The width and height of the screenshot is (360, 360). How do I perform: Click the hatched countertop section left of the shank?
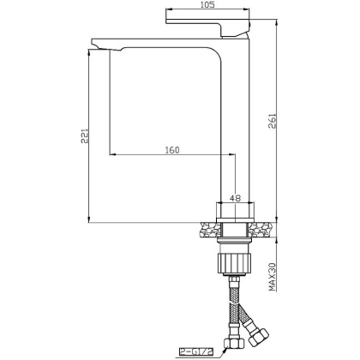click(x=209, y=230)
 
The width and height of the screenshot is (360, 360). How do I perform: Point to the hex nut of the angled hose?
click(x=255, y=330)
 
